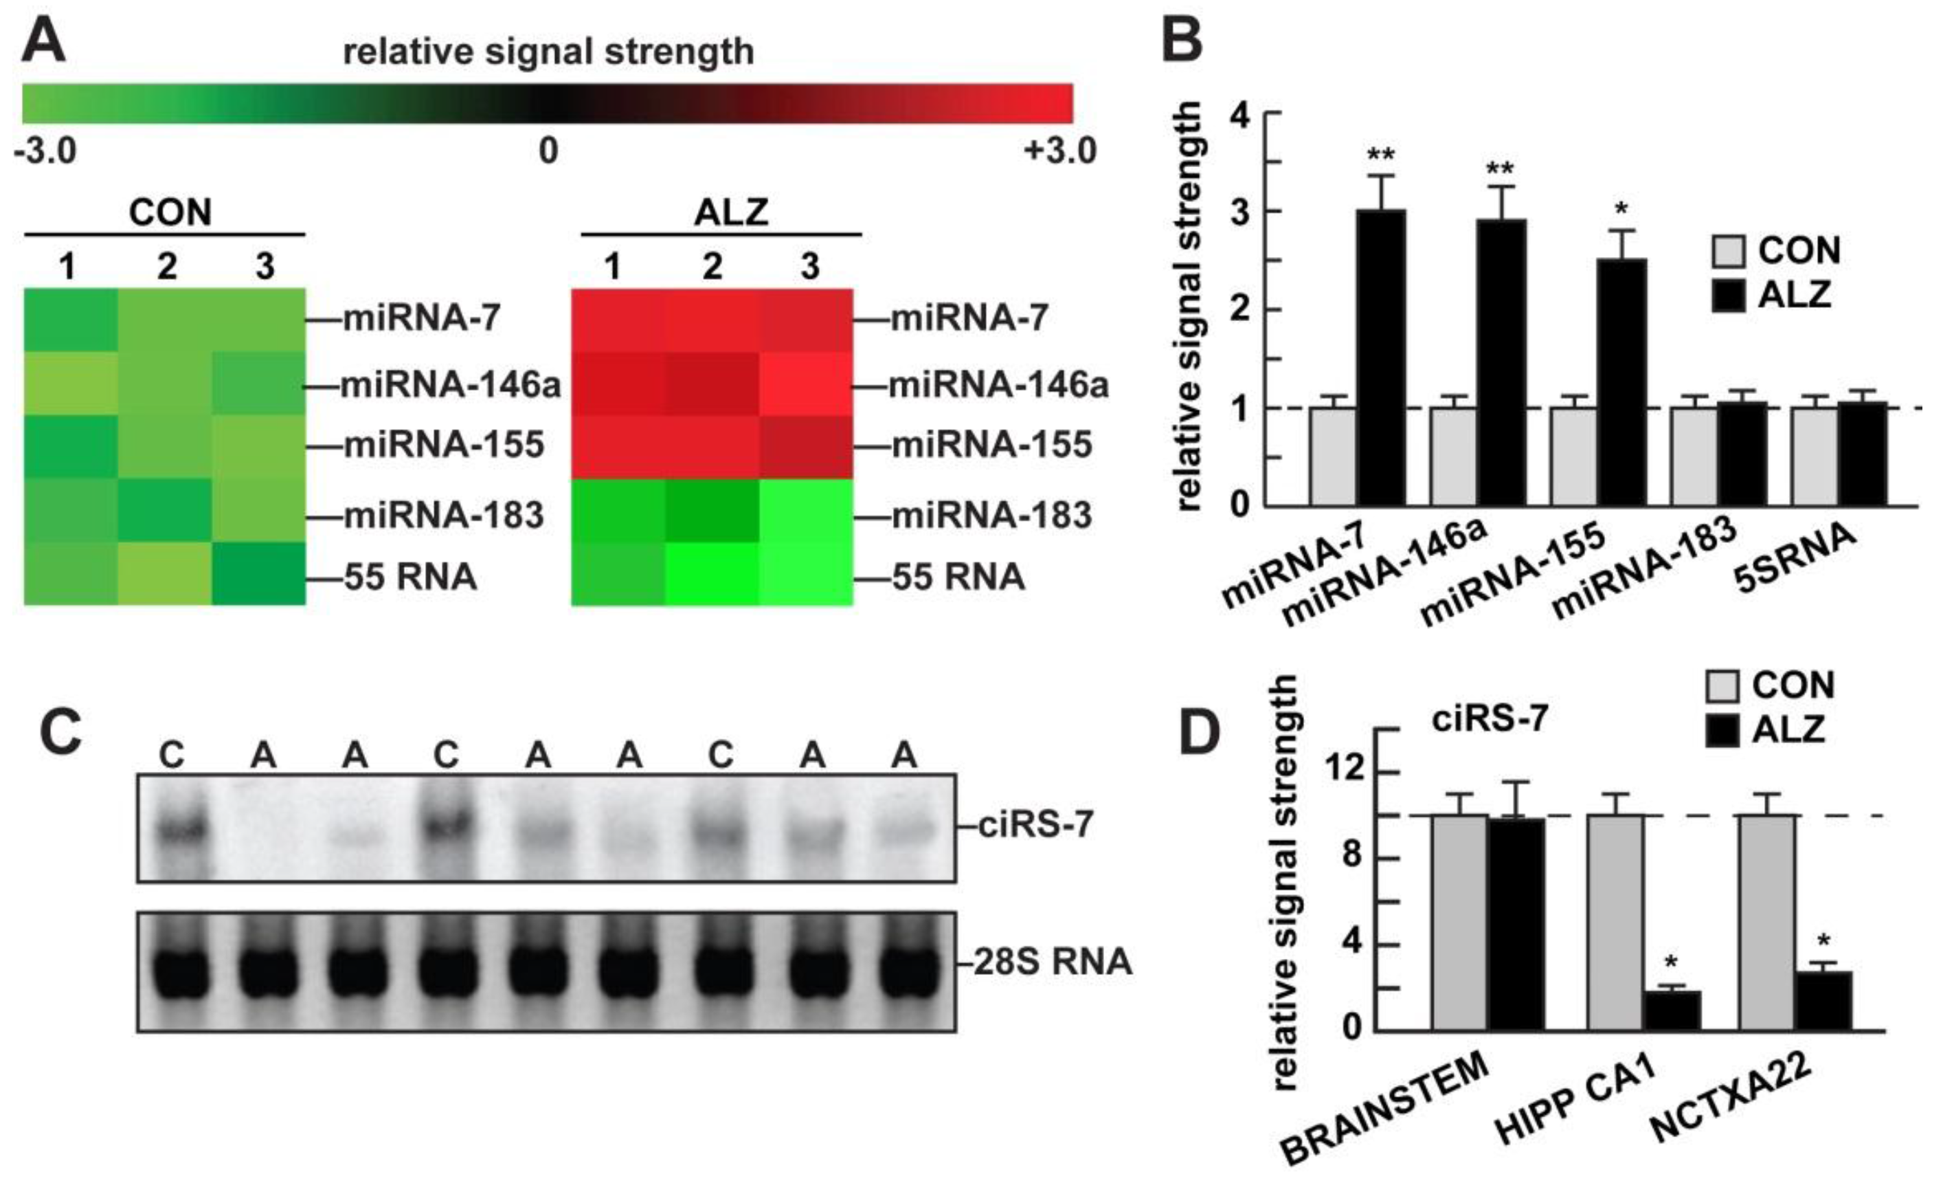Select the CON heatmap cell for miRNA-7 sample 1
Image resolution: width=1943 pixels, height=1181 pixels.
71,320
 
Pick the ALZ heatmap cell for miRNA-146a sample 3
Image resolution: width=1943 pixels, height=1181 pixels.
806,384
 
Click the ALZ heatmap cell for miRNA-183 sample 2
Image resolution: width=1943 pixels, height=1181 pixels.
711,511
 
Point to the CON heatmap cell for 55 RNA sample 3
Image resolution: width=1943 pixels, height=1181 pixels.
258,573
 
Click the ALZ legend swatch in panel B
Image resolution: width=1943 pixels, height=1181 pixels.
1729,296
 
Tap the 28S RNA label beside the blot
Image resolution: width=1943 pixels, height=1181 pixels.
1053,962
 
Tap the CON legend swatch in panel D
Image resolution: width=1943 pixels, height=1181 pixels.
1723,685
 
